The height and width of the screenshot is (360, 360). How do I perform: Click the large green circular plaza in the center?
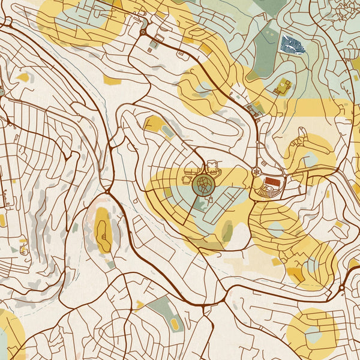[x=203, y=184]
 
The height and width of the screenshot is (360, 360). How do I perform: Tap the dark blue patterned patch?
[x=292, y=44]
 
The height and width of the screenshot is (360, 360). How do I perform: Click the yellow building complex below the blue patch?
[x=283, y=87]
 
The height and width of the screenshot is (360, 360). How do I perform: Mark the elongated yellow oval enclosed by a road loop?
[x=103, y=229]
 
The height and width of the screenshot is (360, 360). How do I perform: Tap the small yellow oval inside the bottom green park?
[x=175, y=324]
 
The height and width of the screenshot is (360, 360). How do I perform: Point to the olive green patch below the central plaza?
[x=227, y=230]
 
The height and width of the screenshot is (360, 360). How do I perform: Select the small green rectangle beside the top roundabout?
[x=154, y=44]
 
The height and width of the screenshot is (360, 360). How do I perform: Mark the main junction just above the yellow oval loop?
[x=107, y=191]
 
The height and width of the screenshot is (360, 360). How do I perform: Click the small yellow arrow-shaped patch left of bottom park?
[x=139, y=305]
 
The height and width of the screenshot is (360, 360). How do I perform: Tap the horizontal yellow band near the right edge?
[x=324, y=107]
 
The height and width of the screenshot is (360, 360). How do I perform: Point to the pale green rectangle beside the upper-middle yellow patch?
[x=168, y=131]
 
